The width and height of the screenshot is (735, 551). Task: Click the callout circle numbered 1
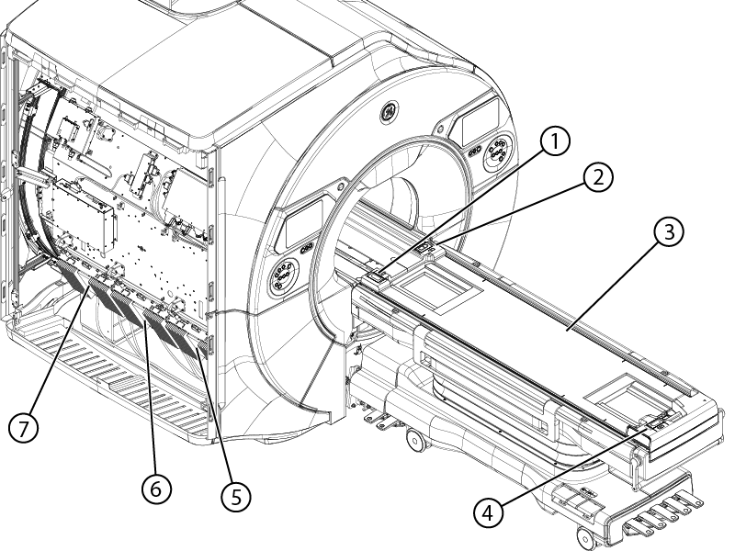click(x=555, y=141)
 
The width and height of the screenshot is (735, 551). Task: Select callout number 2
click(x=598, y=177)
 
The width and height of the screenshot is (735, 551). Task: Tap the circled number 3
click(x=669, y=231)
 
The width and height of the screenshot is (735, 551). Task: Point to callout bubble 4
click(x=488, y=512)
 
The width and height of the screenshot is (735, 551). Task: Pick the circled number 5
click(x=236, y=496)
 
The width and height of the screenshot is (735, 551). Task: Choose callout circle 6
click(x=156, y=489)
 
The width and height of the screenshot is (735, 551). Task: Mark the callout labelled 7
click(x=24, y=427)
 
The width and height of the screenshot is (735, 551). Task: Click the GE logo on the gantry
click(x=389, y=111)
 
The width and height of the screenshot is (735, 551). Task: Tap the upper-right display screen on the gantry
click(x=481, y=121)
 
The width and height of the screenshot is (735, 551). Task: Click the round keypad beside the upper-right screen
click(x=498, y=152)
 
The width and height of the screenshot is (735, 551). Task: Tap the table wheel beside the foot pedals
click(x=586, y=538)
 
